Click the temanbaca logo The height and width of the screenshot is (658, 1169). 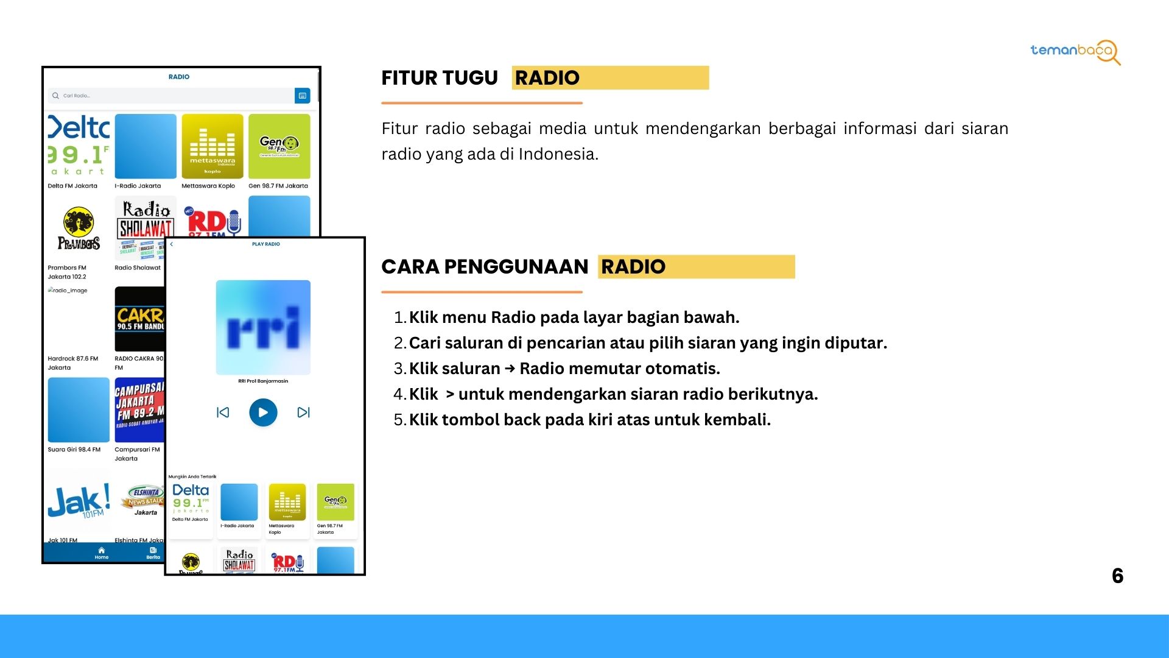tap(1075, 51)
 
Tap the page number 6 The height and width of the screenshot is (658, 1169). tap(1117, 576)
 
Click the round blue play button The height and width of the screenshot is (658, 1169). tap(263, 412)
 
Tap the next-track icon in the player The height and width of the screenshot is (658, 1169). tap(303, 412)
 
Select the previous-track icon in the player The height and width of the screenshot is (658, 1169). tap(223, 412)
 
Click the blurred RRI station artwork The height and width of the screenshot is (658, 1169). tap(263, 327)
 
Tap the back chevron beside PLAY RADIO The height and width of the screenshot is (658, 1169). tap(172, 244)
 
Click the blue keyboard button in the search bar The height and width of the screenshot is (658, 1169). tap(302, 96)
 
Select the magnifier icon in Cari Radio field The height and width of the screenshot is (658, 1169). tap(56, 96)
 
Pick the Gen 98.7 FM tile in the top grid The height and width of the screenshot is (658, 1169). tap(279, 146)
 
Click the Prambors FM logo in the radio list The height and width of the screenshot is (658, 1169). tap(79, 229)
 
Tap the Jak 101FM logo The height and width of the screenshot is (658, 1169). tap(79, 501)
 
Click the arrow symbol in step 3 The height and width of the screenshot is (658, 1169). tap(510, 369)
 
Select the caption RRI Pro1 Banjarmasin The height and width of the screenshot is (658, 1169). tap(263, 381)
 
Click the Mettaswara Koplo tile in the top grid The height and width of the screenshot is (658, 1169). tap(212, 146)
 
